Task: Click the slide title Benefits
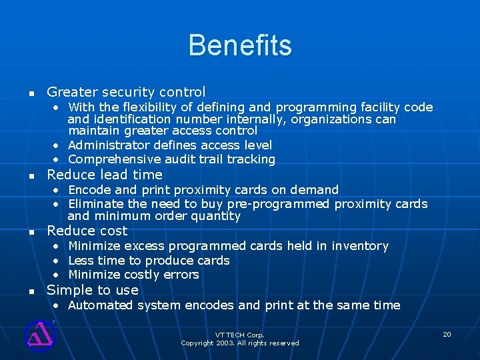[240, 45]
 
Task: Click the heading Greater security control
[126, 92]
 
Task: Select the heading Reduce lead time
[105, 175]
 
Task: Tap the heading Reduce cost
[87, 231]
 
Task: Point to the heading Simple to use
[93, 290]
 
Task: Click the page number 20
[447, 334]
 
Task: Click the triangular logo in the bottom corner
[39, 335]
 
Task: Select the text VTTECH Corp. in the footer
[240, 335]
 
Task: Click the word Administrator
[109, 145]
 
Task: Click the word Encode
[89, 190]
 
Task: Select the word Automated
[101, 305]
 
